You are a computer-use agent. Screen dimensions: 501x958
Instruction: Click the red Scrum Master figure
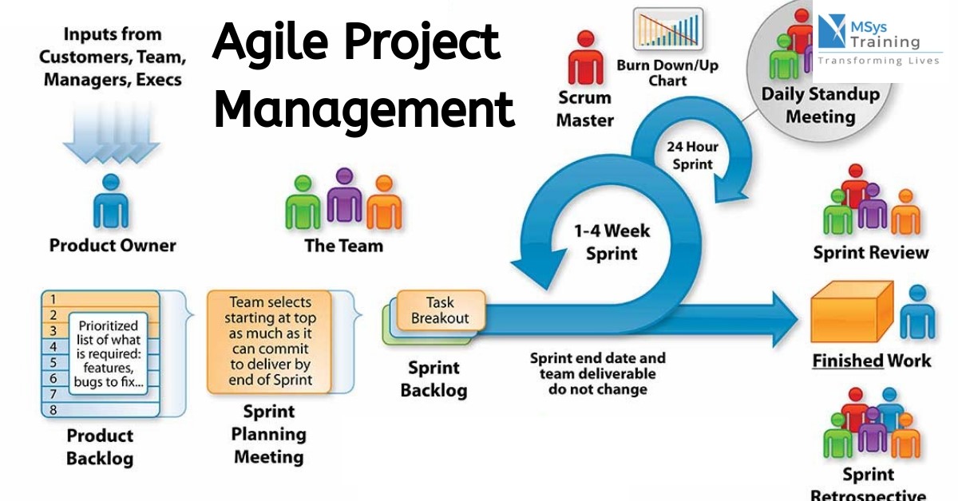tap(584, 60)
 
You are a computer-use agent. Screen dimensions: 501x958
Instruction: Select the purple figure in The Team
tap(344, 196)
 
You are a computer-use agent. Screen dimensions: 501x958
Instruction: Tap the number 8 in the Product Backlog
tap(53, 410)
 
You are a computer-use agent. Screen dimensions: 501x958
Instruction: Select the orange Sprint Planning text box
tap(270, 342)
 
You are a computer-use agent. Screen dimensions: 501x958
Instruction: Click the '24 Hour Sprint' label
tap(691, 156)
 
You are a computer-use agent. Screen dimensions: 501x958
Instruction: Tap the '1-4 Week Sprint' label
tap(612, 243)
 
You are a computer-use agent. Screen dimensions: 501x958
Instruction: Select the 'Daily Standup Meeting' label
tap(820, 105)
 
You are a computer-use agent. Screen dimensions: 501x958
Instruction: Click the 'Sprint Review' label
tap(871, 253)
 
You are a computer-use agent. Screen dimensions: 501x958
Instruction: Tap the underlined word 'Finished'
tap(847, 361)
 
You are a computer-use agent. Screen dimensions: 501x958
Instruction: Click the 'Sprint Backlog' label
tap(433, 379)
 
